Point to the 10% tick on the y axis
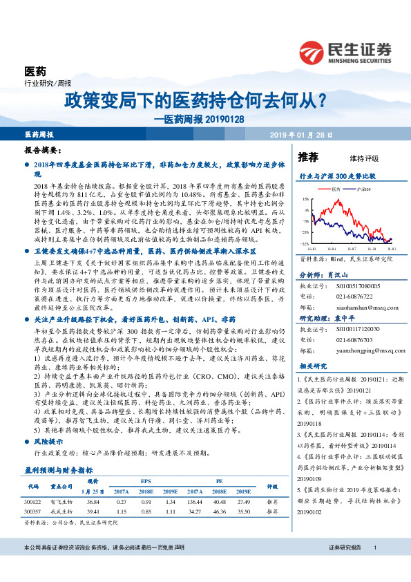[x=305, y=199]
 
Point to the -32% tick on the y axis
[x=305, y=244]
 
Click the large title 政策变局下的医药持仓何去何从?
[x=195, y=101]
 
